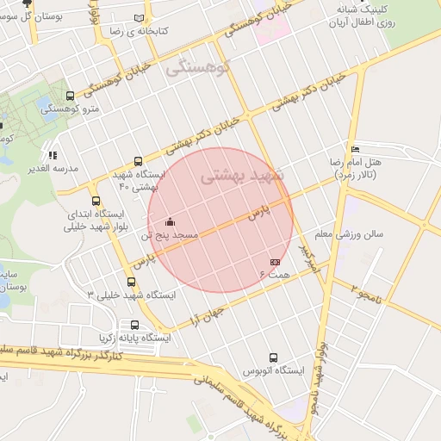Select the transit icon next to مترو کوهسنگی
70,96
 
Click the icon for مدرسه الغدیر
53,155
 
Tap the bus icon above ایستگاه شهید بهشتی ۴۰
139,160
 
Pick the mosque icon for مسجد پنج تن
169,220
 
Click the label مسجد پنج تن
173,234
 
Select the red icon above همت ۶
275,261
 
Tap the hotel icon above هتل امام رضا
356,149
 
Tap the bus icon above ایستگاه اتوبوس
273,357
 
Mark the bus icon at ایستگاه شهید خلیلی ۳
131,281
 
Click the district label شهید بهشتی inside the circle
234,177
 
